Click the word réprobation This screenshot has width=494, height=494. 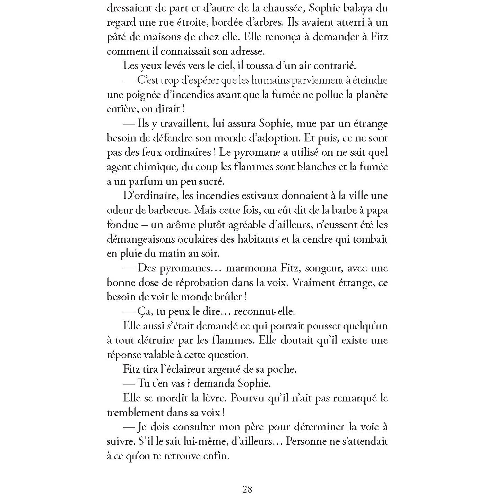coord(199,282)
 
